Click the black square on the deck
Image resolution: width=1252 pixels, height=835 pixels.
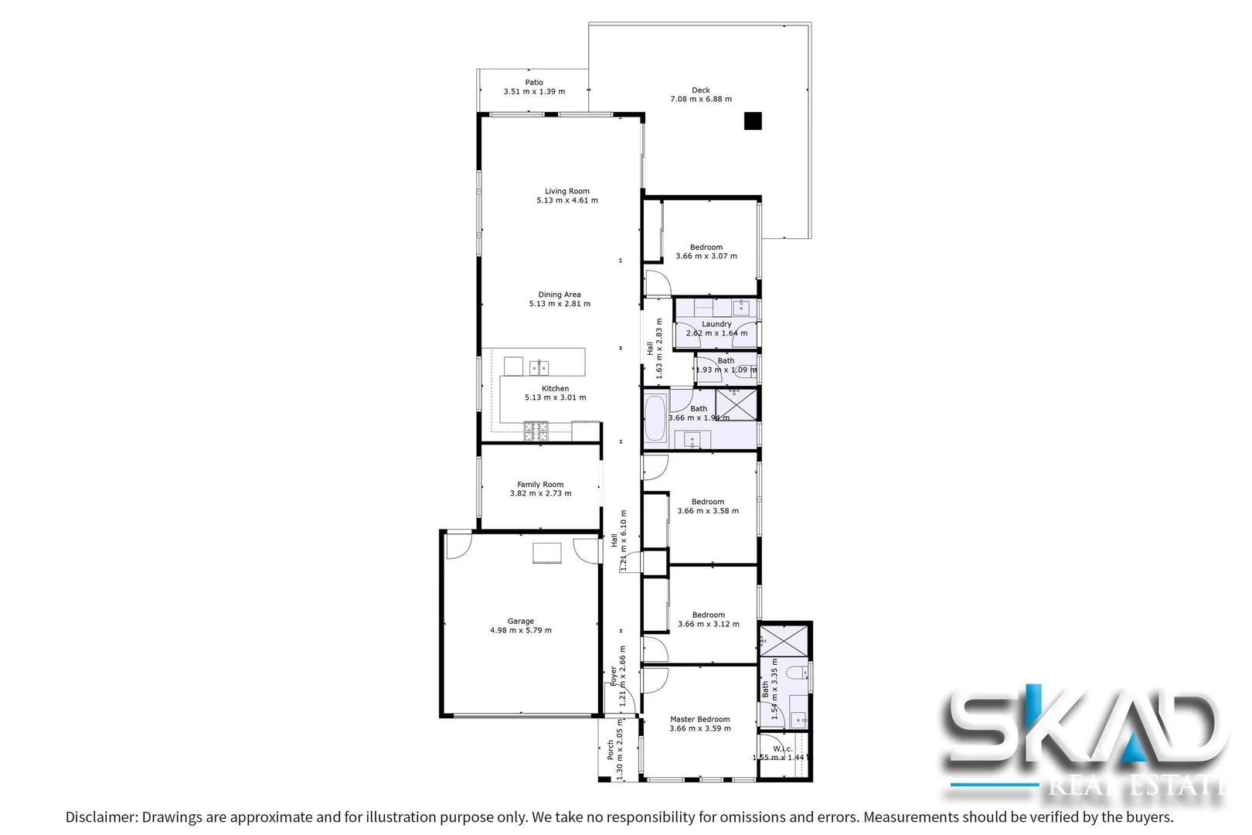point(753,121)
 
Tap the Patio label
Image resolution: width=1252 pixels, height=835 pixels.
point(534,83)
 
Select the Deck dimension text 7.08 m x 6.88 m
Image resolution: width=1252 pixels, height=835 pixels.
point(701,99)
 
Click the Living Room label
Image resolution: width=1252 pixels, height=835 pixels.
point(567,191)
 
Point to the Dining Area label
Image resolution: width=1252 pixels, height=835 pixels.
point(560,295)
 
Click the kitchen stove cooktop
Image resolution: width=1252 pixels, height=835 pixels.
point(536,430)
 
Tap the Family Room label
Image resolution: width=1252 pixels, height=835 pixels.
point(540,485)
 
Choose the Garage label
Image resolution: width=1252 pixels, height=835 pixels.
point(521,621)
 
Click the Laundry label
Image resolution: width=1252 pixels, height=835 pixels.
point(716,324)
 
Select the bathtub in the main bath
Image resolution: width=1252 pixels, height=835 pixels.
point(655,417)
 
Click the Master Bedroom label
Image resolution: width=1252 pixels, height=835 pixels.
point(699,719)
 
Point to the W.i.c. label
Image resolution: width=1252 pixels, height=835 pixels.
point(783,748)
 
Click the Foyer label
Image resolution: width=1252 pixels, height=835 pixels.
point(614,676)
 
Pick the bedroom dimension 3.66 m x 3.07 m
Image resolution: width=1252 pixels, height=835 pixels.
point(706,256)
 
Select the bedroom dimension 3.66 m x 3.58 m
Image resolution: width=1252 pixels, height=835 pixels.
point(708,510)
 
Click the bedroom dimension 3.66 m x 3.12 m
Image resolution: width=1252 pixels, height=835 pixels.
point(709,624)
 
